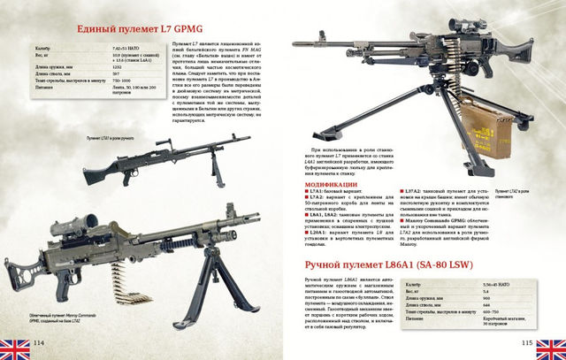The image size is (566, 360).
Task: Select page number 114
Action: tap(39, 342)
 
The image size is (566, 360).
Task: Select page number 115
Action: tap(525, 342)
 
